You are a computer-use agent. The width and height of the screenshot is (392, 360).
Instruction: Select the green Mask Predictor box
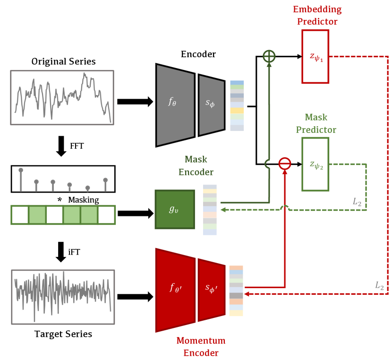point(315,164)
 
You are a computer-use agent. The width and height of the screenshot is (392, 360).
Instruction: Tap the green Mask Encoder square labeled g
point(174,209)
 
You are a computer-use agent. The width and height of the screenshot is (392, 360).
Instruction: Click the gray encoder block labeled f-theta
point(175,104)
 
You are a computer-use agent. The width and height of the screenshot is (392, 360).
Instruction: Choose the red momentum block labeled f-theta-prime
point(175,289)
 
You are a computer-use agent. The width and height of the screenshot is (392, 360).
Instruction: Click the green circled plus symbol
point(269,56)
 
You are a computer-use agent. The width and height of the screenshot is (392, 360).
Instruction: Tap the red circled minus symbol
point(284,163)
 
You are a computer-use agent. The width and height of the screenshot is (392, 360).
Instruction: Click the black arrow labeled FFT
point(61,146)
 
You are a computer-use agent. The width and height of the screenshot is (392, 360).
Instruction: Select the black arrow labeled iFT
point(61,252)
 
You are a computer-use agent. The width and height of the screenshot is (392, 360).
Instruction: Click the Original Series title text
point(63,61)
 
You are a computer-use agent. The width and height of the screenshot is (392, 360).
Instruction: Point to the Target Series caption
point(63,334)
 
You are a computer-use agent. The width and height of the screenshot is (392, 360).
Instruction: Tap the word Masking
point(83,200)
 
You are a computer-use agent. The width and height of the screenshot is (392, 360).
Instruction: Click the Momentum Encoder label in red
point(201,346)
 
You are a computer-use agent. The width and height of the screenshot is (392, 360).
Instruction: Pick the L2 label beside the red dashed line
point(379,285)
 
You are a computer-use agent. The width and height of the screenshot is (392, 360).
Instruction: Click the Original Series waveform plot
point(62,98)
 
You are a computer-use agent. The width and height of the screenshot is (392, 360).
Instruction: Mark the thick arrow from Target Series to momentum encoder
point(135,297)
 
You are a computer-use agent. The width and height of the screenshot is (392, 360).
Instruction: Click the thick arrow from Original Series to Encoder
point(135,102)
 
